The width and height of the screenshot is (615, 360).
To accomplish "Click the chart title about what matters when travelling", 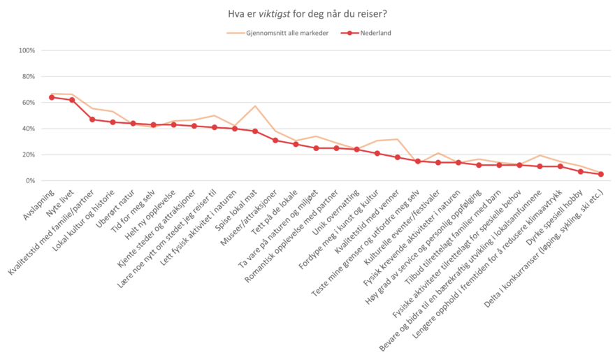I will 307,13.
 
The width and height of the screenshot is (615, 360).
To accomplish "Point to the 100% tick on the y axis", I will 27,50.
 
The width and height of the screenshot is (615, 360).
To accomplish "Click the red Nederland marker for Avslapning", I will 52,97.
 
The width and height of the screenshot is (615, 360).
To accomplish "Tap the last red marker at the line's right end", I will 600,174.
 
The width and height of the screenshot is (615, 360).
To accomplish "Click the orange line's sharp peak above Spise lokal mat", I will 255,106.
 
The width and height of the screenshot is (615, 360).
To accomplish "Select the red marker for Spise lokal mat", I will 255,131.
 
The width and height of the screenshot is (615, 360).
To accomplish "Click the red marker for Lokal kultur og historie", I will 113,122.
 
